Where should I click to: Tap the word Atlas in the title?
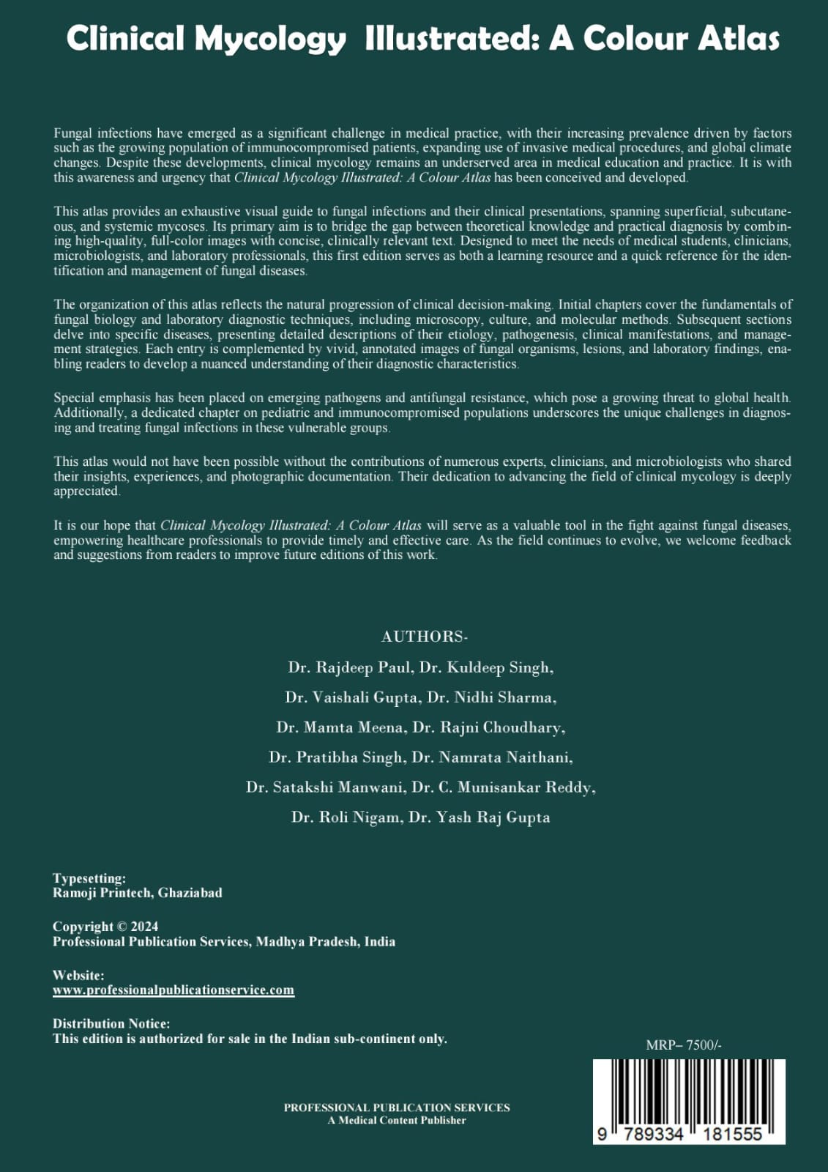coord(736,39)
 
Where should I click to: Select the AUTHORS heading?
coord(424,637)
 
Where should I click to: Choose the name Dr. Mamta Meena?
coord(340,727)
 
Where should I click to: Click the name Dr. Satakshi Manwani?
coord(325,787)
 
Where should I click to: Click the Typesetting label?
coord(89,878)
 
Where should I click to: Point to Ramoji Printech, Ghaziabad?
coord(137,893)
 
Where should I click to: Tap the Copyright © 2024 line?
coord(105,927)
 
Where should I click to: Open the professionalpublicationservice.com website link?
coord(174,990)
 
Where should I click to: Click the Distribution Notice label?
coord(111,1023)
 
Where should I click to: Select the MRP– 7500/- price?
coord(684,1045)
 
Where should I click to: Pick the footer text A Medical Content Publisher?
coord(397,1120)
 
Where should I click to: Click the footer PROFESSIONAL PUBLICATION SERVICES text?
coord(397,1108)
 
